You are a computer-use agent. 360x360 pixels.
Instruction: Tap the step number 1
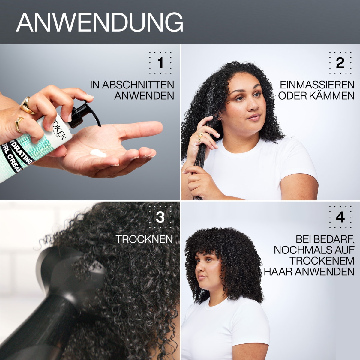point(160,63)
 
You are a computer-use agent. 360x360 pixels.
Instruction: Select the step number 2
point(340,63)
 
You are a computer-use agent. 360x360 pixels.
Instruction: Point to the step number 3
point(160,217)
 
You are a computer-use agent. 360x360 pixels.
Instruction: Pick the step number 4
point(340,217)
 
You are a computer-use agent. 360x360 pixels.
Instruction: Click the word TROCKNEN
point(144,239)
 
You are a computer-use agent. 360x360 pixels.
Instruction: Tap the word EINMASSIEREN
point(317,84)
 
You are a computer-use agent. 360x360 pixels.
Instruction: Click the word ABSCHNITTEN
point(138,84)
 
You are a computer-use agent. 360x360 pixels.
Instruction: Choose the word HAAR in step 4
point(278,271)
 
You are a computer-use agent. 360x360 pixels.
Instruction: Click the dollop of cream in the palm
point(98,153)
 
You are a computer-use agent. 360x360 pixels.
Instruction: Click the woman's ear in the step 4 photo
point(217,271)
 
